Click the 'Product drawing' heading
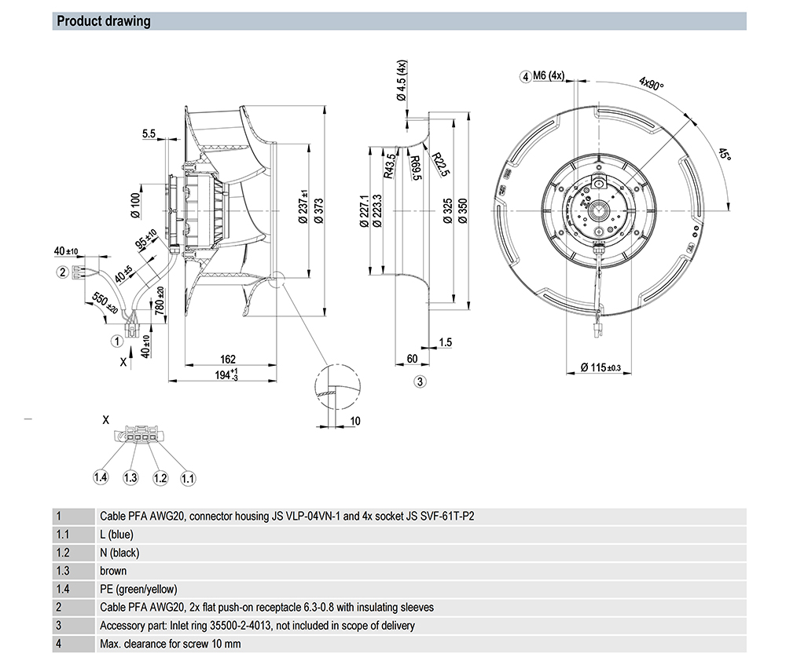(104, 21)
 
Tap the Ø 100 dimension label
(135, 204)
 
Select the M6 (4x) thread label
(549, 76)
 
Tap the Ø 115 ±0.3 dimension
(601, 367)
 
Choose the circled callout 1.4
(101, 477)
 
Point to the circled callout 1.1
(188, 477)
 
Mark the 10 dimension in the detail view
(354, 422)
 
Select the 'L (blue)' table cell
(116, 535)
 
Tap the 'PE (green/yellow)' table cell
(138, 589)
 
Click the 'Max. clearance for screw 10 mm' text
(171, 644)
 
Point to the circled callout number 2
(61, 272)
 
